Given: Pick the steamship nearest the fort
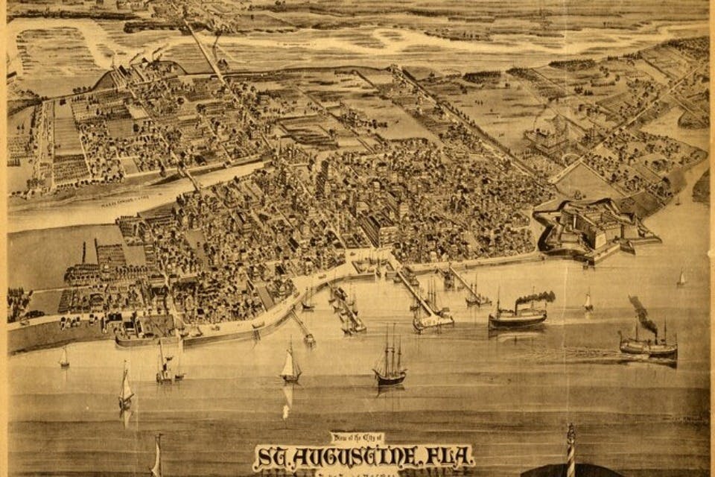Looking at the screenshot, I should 518,316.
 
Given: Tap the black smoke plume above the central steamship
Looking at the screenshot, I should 536,297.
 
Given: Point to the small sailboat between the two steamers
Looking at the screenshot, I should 588,301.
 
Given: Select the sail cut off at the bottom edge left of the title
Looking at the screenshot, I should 157,456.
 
